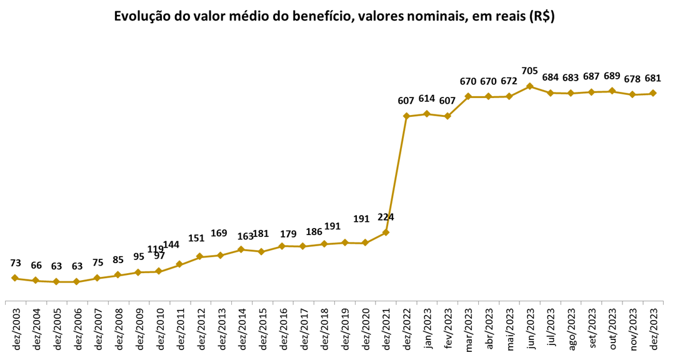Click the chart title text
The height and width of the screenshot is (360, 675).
334,17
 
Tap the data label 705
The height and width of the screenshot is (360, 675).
529,70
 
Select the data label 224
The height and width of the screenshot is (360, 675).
385,217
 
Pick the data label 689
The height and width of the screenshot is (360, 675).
612,76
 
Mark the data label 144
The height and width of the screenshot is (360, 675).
172,244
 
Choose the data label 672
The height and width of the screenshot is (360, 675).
509,81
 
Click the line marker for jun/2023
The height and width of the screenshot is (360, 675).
529,86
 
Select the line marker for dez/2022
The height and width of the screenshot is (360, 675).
406,116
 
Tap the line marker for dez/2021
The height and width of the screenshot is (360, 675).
386,232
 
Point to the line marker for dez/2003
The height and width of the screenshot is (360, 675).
14,278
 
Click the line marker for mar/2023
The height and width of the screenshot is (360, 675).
467,97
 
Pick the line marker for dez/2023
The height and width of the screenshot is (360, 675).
653,93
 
